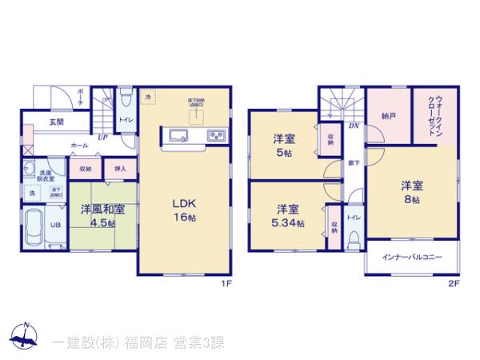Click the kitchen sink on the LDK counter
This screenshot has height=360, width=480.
pyautogui.click(x=178, y=134)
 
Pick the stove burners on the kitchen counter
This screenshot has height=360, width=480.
pyautogui.click(x=216, y=134)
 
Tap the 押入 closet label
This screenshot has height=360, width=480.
pyautogui.click(x=119, y=169)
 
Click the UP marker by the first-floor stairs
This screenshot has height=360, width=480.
pyautogui.click(x=102, y=137)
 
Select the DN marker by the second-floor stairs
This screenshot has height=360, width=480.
pyautogui.click(x=354, y=126)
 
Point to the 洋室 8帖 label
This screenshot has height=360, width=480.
pyautogui.click(x=412, y=192)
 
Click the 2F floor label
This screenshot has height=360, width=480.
pyautogui.click(x=454, y=283)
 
